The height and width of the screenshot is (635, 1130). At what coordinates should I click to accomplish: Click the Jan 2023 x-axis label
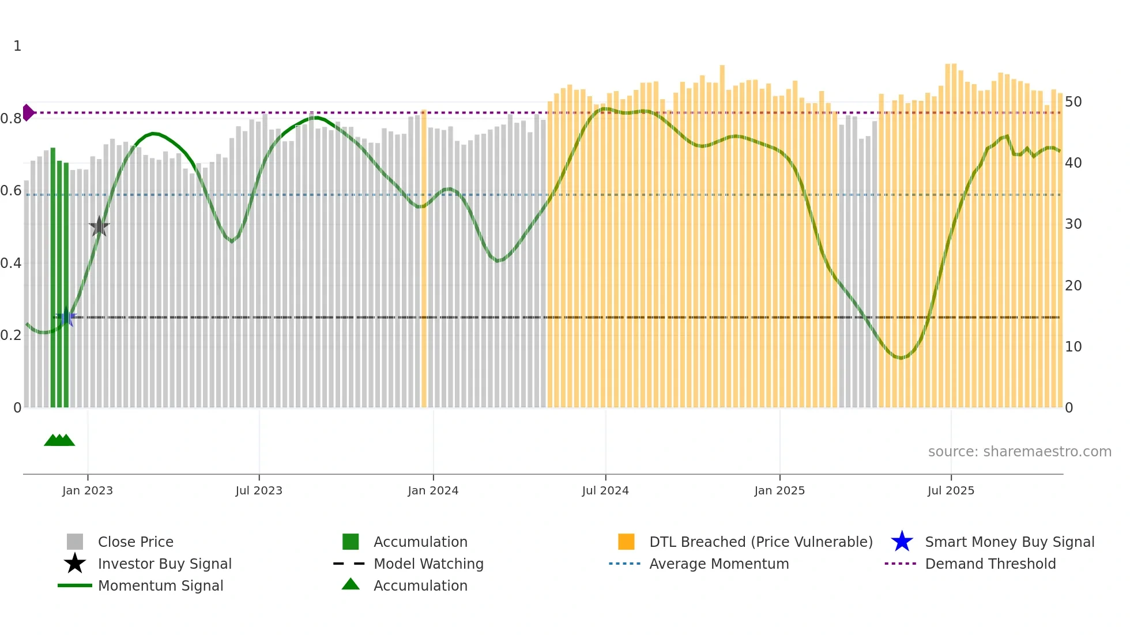tap(88, 490)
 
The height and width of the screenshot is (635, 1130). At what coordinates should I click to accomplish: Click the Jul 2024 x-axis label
tap(605, 490)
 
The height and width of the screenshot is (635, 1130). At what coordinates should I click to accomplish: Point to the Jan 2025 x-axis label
tap(779, 490)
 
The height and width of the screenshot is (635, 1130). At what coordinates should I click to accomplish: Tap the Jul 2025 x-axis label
tap(950, 490)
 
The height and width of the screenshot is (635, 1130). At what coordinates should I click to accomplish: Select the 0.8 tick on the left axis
tap(11, 119)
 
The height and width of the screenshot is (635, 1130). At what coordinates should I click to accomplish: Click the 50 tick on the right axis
tap(1073, 102)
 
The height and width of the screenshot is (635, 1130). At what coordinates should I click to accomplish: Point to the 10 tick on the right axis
tap(1073, 347)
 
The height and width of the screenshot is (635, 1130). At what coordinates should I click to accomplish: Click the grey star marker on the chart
tap(99, 227)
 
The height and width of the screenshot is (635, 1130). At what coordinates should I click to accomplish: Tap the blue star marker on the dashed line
tap(66, 317)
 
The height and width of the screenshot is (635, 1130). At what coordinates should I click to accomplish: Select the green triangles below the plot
tap(59, 440)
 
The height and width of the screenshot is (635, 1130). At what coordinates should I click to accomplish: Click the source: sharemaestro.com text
tap(1019, 452)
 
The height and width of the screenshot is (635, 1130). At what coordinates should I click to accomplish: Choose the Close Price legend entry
tap(135, 542)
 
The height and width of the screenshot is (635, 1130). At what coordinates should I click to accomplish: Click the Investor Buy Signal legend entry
tap(164, 564)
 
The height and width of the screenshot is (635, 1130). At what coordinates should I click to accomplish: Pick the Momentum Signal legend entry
tap(160, 585)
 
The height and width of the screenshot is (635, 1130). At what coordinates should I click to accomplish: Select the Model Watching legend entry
tap(428, 564)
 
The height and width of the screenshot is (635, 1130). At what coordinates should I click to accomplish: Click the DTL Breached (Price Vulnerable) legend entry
tap(760, 542)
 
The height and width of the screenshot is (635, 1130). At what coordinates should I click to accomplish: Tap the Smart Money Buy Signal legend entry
tap(1009, 542)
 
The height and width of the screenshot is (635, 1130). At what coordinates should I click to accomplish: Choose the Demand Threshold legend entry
tap(990, 564)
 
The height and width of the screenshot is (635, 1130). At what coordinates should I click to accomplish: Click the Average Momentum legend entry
tap(718, 564)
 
